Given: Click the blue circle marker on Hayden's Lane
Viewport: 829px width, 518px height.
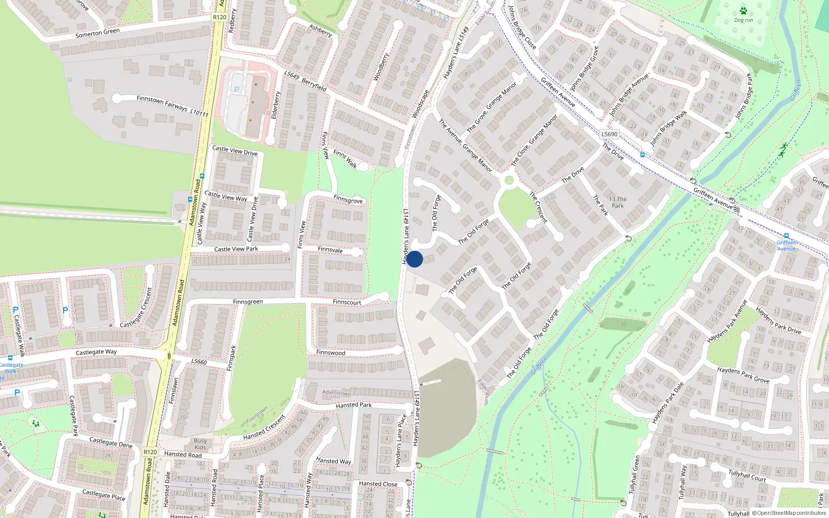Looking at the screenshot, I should point(414,259).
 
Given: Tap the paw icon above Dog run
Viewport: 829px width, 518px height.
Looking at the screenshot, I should point(744,11).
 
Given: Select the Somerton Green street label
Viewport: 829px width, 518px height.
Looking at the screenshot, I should point(97,33).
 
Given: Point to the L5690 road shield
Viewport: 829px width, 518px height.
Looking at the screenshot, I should point(609,134).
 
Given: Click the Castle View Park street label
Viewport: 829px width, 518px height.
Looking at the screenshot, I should point(236,249).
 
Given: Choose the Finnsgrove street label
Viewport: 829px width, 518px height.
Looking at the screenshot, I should point(348,199).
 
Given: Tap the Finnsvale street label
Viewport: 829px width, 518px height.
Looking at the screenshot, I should point(330,250).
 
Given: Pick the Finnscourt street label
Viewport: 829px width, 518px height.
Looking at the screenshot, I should point(347,302).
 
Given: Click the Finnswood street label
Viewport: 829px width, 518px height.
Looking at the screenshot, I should point(331,353).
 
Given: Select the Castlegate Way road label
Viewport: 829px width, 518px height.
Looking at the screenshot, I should point(96,352).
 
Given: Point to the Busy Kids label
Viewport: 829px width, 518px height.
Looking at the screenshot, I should point(201,444).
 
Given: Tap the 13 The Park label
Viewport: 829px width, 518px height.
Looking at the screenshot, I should point(618,202).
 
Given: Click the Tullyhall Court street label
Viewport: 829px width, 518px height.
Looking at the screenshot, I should point(747,476).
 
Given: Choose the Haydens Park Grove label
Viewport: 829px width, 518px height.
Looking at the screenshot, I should point(743,375).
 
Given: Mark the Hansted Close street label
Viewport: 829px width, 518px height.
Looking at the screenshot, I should point(378,484).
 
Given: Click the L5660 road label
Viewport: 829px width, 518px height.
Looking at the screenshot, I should point(199,362).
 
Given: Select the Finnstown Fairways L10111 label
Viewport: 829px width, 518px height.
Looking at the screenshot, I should point(172,105).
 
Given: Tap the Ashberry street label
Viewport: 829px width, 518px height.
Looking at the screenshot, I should point(320,31).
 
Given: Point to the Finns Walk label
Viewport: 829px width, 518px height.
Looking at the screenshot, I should point(345,159).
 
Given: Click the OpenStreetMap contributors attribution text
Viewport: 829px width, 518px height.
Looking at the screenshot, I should point(789,513).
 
